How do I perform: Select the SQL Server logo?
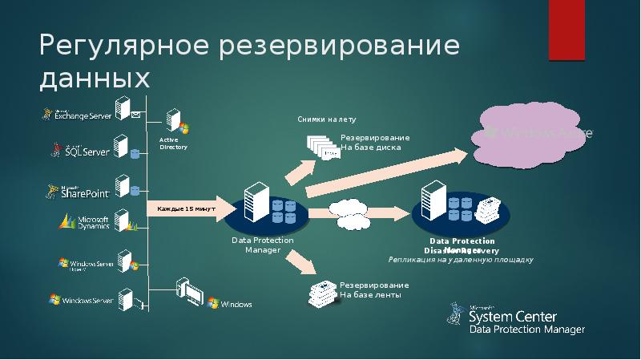(x=81, y=150)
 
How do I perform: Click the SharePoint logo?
(x=80, y=191)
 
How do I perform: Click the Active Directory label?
(x=173, y=144)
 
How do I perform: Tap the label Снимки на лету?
(x=326, y=119)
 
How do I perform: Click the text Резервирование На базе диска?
(x=375, y=143)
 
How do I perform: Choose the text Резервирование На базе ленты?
(x=375, y=290)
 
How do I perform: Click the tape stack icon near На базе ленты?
(x=322, y=293)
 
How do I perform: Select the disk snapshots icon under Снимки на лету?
(x=322, y=147)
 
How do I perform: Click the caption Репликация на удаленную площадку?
(x=460, y=260)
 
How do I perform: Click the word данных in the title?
(x=95, y=79)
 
